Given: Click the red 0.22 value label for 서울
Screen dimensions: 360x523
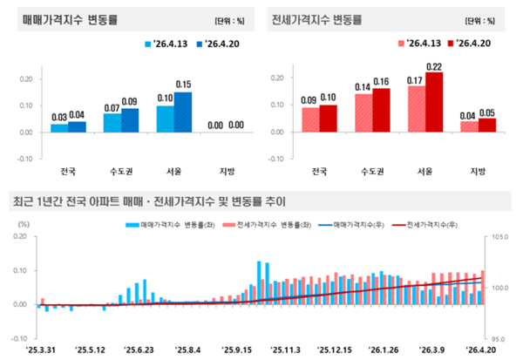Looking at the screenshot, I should tap(433, 66).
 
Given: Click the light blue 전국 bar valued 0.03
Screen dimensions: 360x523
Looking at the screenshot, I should tap(60, 127).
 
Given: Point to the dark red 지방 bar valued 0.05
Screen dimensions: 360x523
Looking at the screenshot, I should tap(486, 125).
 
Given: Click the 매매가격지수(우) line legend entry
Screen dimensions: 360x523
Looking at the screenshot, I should tap(365, 224).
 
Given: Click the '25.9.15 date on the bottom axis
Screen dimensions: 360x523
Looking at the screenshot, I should tap(248, 346).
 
